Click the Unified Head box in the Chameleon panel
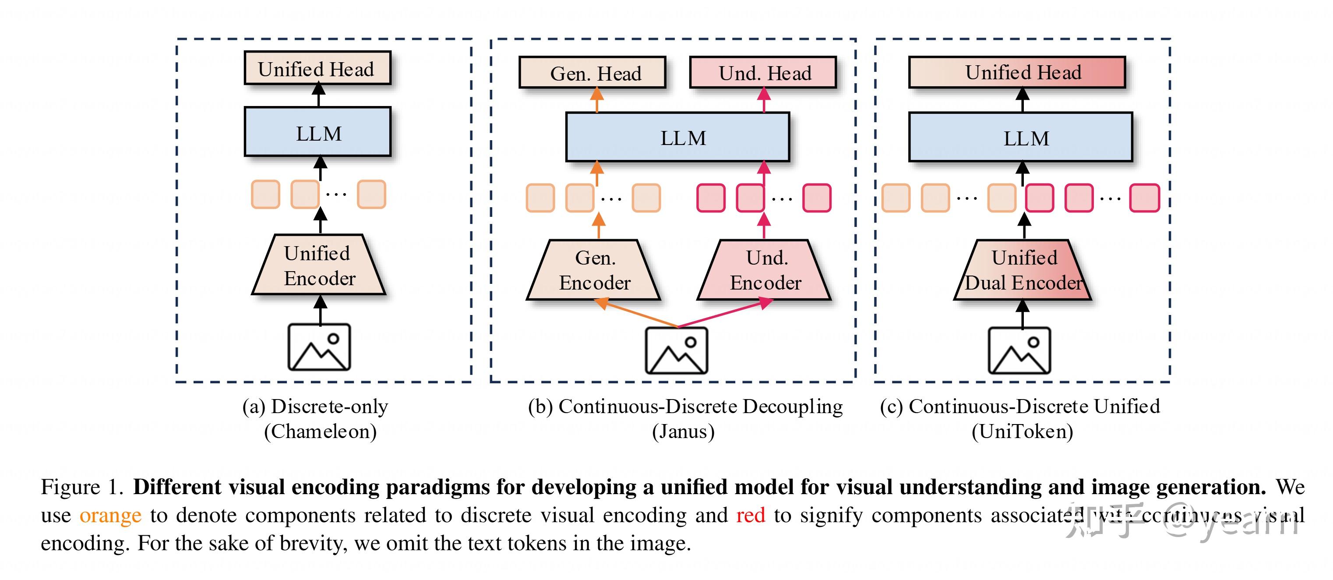click(x=317, y=68)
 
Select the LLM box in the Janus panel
click(x=678, y=137)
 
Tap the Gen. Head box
click(x=592, y=73)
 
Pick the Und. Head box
click(x=763, y=73)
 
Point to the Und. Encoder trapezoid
click(x=765, y=270)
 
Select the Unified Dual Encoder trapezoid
click(x=1023, y=270)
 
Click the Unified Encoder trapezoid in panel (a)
click(x=319, y=265)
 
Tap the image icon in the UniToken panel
click(x=1019, y=350)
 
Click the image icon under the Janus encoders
click(x=676, y=350)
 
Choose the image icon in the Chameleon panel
click(x=319, y=347)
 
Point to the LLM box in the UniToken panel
click(x=1021, y=138)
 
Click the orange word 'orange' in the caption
click(x=110, y=516)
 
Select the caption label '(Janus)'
click(x=683, y=431)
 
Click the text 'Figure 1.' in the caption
click(x=82, y=487)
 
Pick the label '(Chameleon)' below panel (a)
click(x=320, y=431)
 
